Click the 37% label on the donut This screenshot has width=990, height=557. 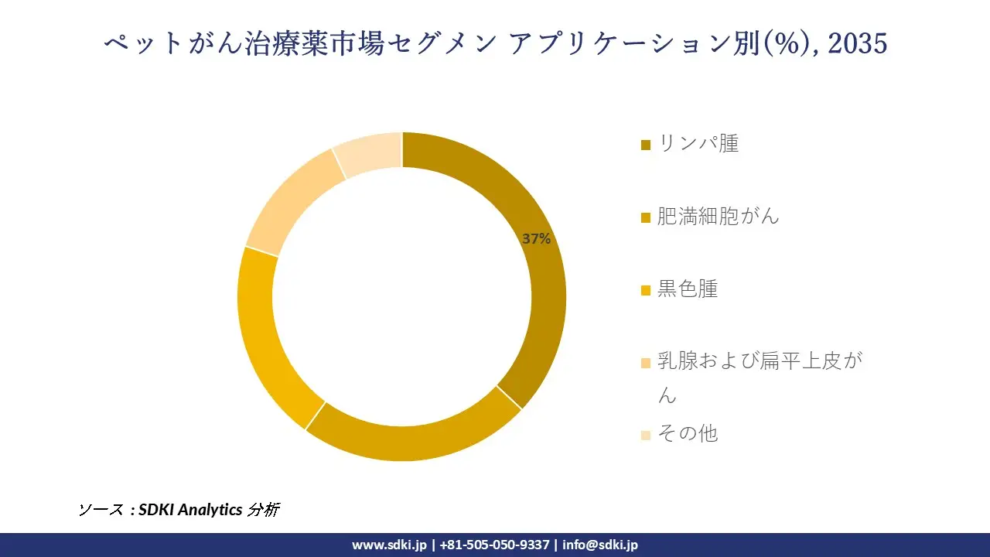click(x=536, y=239)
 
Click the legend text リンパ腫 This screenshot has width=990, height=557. click(x=698, y=143)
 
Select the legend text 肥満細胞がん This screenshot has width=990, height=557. click(x=718, y=216)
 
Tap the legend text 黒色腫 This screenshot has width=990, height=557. click(x=688, y=289)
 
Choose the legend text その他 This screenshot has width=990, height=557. click(x=688, y=433)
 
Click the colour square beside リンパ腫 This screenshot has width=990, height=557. click(x=646, y=145)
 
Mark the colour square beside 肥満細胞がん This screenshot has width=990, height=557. click(x=646, y=217)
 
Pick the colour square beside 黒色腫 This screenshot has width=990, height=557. click(x=646, y=290)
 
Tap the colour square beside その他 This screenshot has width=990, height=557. click(x=646, y=435)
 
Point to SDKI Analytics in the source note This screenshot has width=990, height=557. click(x=190, y=510)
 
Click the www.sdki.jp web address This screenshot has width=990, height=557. click(x=389, y=545)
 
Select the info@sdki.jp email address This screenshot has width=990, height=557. click(x=600, y=545)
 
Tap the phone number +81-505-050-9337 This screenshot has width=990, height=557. click(x=494, y=545)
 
